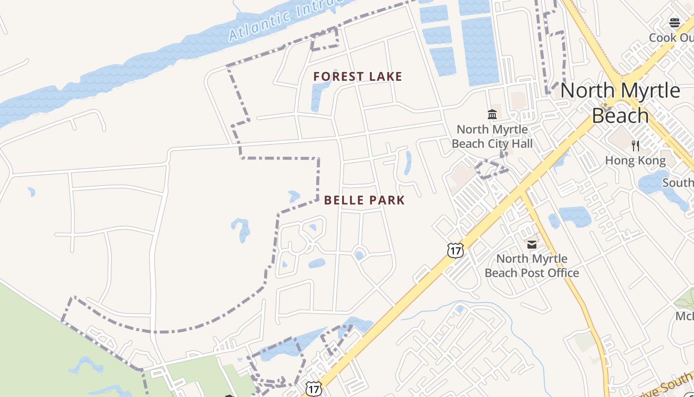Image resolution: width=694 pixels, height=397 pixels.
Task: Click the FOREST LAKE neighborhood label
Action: [x=357, y=76]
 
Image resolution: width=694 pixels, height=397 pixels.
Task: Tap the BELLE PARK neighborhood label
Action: [x=364, y=200]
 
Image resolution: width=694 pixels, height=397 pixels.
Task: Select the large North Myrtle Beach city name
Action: [x=620, y=103]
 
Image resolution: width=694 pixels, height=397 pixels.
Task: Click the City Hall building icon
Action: [x=492, y=115]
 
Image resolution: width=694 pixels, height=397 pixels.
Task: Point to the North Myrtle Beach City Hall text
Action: [x=492, y=136]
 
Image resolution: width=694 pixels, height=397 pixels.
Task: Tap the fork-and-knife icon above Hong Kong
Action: [x=636, y=145]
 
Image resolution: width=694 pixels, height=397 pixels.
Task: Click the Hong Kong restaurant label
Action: [x=636, y=161]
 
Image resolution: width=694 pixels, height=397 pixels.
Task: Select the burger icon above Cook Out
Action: [x=674, y=22]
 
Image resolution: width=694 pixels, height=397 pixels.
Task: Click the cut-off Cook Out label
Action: [x=671, y=38]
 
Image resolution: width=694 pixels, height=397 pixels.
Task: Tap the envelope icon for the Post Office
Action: [x=532, y=244]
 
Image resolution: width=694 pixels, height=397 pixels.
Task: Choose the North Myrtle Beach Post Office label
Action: [x=531, y=266]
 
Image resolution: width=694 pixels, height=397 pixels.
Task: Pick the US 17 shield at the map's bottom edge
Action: [x=313, y=389]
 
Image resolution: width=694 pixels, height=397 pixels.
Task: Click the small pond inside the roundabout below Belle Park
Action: [x=359, y=255]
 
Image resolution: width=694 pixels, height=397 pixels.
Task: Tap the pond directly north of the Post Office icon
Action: [x=574, y=216]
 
